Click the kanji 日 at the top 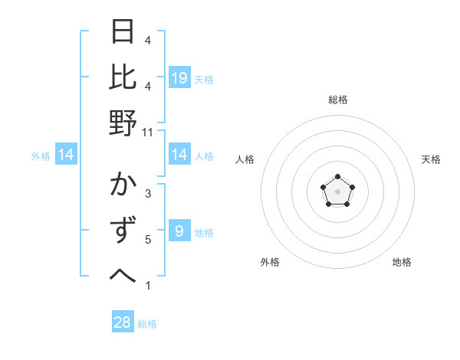click(x=123, y=33)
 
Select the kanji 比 click(x=123, y=77)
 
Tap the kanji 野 click(x=123, y=123)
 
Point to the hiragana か click(x=123, y=186)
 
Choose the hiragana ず click(x=123, y=231)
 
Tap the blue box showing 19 click(x=179, y=78)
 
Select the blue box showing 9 click(x=179, y=231)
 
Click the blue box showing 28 click(x=123, y=322)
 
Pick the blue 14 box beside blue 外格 click(x=66, y=155)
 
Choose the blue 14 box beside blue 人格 click(x=179, y=155)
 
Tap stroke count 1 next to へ click(x=147, y=286)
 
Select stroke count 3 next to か click(x=147, y=195)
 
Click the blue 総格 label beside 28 click(x=147, y=324)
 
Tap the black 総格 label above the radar click(x=337, y=100)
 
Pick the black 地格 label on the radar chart click(x=402, y=263)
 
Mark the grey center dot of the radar click(x=337, y=191)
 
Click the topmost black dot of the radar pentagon click(x=337, y=177)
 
